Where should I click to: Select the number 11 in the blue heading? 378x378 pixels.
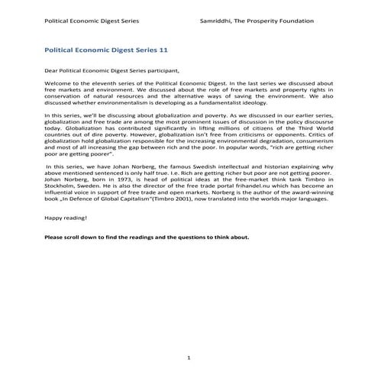pos(162,49)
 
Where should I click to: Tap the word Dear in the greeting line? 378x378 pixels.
pos(52,70)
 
